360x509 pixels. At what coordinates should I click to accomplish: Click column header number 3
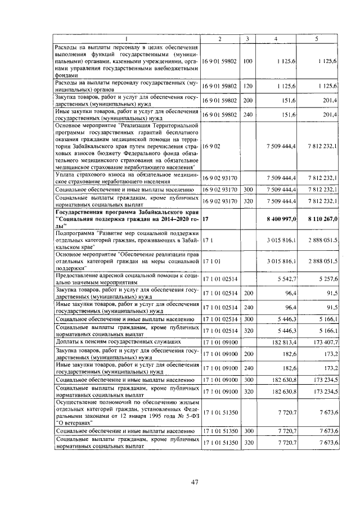coord(247,38)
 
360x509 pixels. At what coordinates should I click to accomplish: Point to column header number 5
coord(317,38)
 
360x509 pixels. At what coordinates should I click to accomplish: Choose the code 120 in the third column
coord(248,85)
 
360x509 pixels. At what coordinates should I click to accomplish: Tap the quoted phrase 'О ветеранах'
coord(76,421)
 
